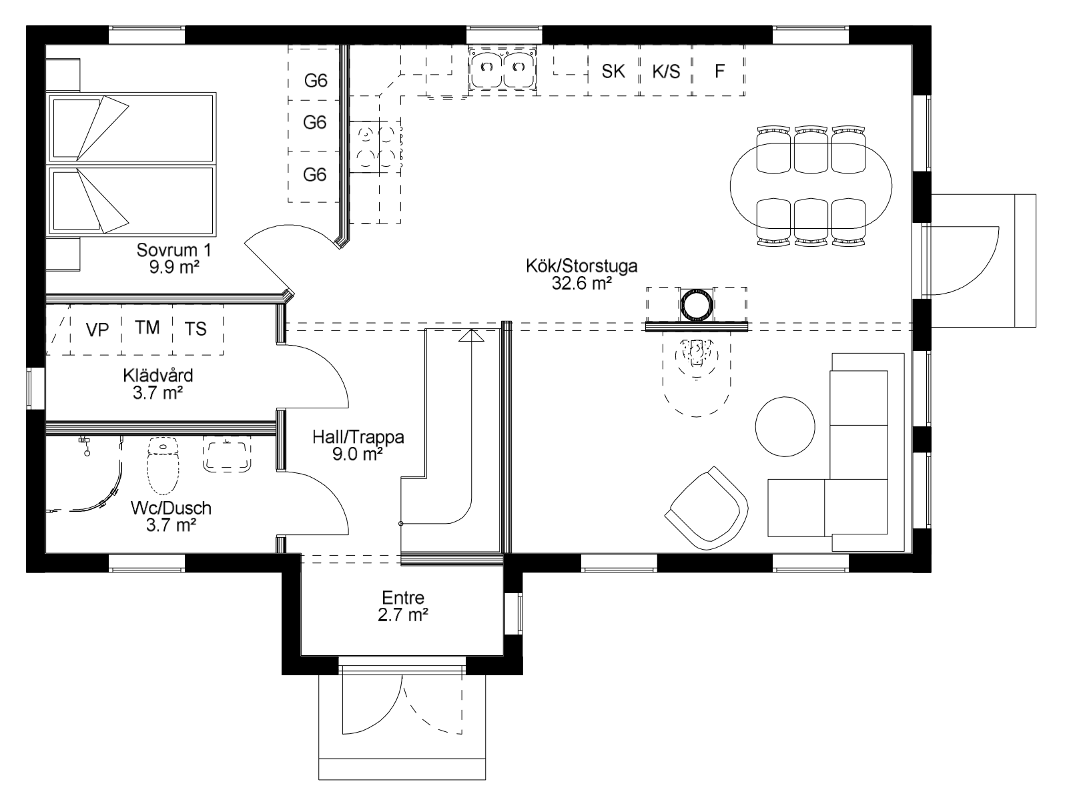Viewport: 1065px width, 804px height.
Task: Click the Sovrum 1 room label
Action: tap(174, 250)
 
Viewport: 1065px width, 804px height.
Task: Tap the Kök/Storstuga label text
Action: tap(581, 266)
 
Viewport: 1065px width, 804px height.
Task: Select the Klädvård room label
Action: tap(158, 376)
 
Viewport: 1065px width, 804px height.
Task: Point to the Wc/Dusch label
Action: tap(171, 508)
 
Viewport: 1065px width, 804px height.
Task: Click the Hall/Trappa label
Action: tap(358, 437)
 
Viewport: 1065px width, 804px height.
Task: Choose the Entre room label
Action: tap(402, 597)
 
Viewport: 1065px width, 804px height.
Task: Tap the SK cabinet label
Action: tap(613, 71)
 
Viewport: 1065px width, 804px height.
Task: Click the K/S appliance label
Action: tap(666, 71)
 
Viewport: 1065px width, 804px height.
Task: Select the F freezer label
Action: tap(719, 71)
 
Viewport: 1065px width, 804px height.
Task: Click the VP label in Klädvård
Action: tap(97, 330)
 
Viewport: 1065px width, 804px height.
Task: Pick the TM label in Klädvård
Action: tap(147, 328)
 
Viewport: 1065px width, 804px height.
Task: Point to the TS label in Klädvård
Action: tap(195, 329)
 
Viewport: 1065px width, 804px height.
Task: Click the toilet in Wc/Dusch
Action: tap(163, 464)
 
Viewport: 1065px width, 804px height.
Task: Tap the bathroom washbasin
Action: tap(227, 454)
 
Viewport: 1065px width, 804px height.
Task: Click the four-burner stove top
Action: tap(376, 147)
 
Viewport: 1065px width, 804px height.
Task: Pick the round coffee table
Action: tap(785, 427)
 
